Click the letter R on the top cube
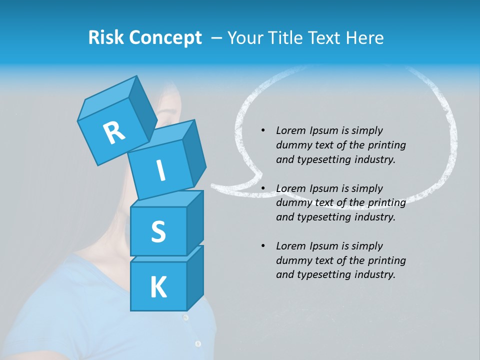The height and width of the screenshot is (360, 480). click(x=114, y=132)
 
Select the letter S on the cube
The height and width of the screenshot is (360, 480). click(x=158, y=232)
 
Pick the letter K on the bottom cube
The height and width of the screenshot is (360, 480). click(x=158, y=287)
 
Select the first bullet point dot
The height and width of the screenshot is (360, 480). click(x=263, y=130)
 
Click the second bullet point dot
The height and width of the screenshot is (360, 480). click(x=263, y=188)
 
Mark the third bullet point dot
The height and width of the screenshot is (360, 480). click(x=263, y=246)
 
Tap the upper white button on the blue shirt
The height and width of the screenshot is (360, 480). click(x=185, y=317)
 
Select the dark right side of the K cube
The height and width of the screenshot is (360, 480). click(x=195, y=277)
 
